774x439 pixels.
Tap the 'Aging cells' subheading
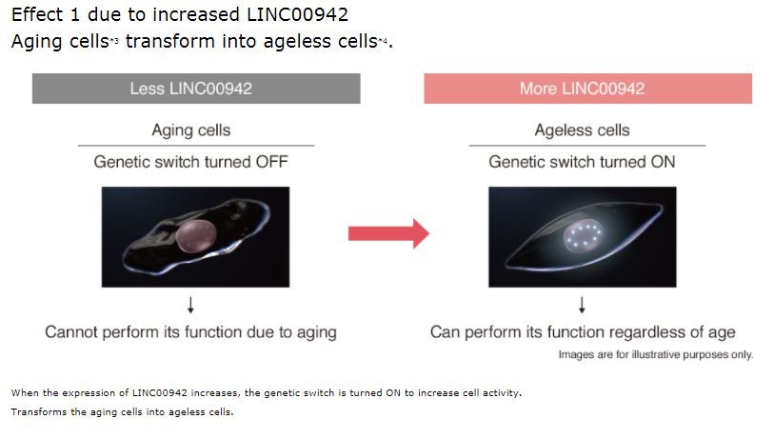click(x=190, y=130)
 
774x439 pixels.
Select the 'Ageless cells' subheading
click(x=582, y=130)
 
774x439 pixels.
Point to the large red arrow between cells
click(x=387, y=232)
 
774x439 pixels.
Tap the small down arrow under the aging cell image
click(x=190, y=304)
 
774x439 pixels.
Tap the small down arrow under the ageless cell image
click(x=582, y=304)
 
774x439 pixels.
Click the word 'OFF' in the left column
click(x=271, y=162)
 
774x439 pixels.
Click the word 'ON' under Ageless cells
click(x=661, y=162)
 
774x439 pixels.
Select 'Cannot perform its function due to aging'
click(x=190, y=332)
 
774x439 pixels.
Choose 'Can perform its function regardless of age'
click(x=582, y=332)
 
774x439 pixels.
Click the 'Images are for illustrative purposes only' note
click(x=655, y=355)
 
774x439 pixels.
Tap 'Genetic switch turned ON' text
click(x=582, y=162)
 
